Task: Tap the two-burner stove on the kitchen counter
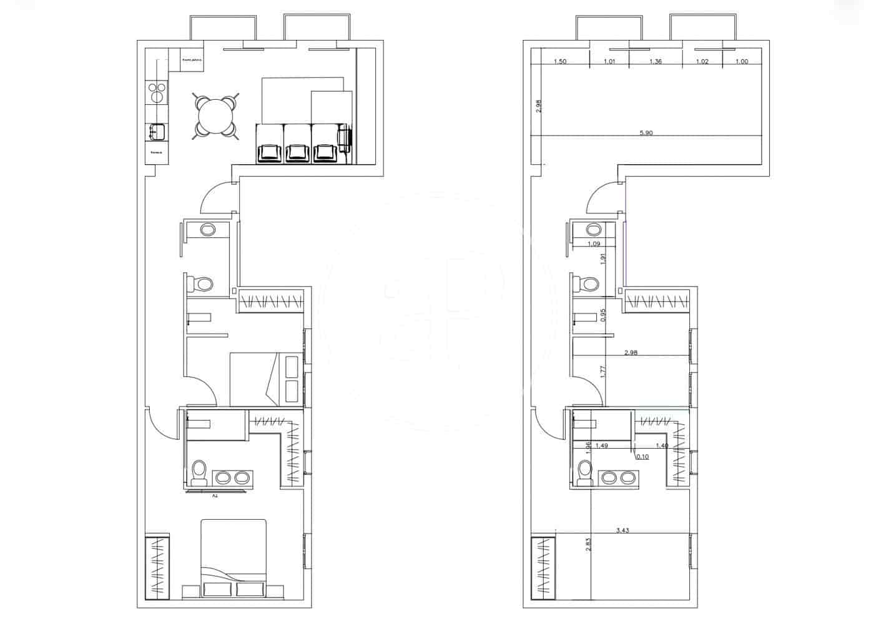(156, 92)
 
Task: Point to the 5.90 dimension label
(646, 133)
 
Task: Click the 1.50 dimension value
(560, 61)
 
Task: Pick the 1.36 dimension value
(655, 61)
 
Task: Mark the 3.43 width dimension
(622, 530)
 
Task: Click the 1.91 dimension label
(603, 258)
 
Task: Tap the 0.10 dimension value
(642, 457)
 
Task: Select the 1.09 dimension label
(594, 244)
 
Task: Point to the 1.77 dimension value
(603, 373)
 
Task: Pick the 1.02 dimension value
(702, 61)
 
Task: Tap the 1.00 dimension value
(742, 61)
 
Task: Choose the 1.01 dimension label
(609, 61)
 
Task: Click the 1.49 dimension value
(602, 446)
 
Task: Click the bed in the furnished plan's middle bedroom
(266, 379)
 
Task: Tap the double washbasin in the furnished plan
(231, 478)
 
